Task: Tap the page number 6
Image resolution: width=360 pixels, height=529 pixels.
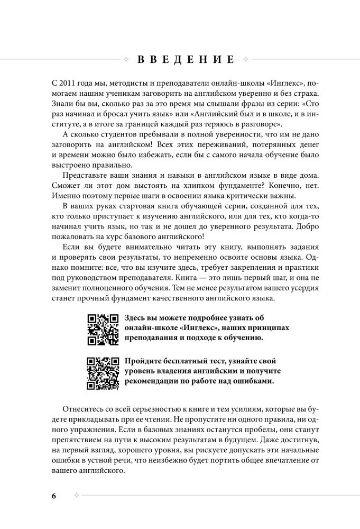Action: pyautogui.click(x=54, y=496)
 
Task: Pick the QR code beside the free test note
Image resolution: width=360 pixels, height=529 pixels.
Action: pyautogui.click(x=103, y=372)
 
